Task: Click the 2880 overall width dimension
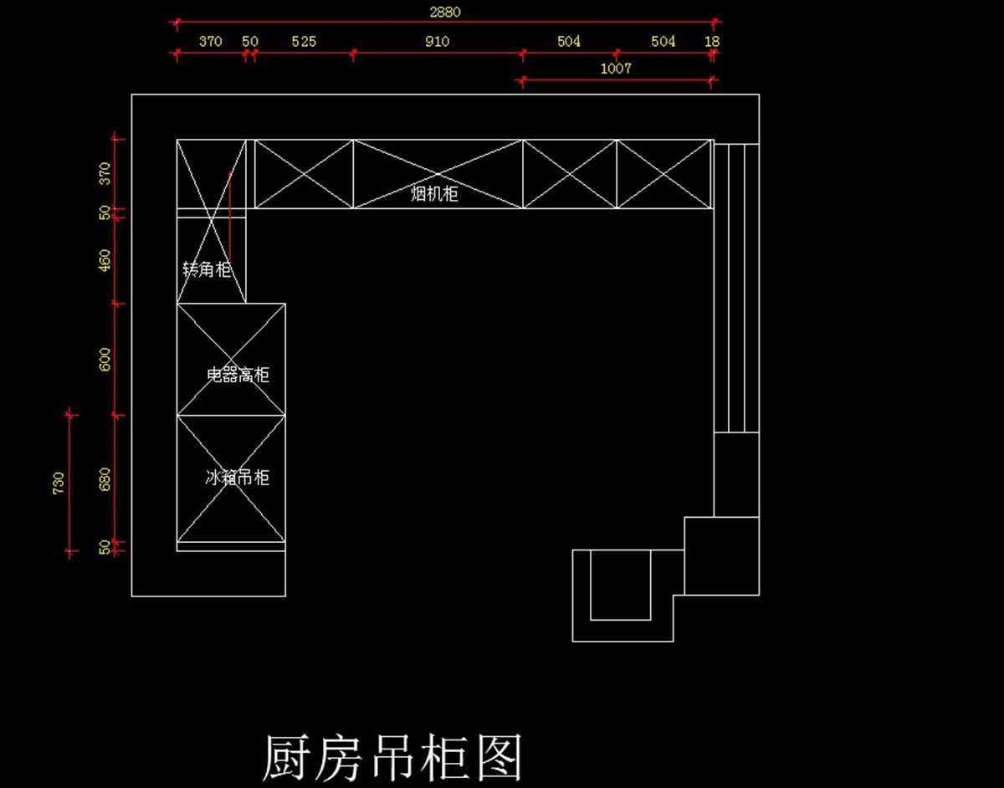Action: (444, 12)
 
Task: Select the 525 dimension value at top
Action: (304, 41)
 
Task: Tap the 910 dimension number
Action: (437, 41)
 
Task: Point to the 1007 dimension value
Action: (616, 69)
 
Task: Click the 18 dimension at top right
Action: (712, 41)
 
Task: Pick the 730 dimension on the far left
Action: (59, 483)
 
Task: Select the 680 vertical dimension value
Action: (105, 479)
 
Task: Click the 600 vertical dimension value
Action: (105, 360)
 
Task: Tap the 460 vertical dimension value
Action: (105, 260)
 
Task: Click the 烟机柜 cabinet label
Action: (434, 194)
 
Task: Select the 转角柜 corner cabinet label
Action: (207, 269)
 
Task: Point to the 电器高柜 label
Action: (238, 375)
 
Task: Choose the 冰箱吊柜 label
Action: (238, 478)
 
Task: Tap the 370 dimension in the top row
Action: (210, 41)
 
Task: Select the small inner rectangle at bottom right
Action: (621, 584)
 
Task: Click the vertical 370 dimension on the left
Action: (105, 173)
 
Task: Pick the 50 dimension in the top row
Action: (250, 41)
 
